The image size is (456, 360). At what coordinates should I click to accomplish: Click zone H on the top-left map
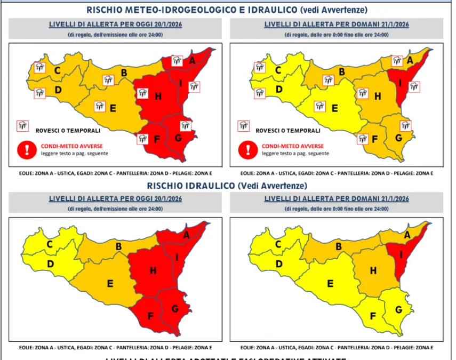tap(158, 97)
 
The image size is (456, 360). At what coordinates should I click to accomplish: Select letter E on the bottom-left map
tap(110, 283)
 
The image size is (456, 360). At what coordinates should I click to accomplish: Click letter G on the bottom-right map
tap(397, 309)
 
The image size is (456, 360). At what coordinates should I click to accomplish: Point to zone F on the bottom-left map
tap(150, 316)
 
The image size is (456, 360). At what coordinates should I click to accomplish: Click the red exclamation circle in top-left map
tap(25, 149)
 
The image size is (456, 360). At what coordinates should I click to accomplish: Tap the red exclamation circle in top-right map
tap(246, 149)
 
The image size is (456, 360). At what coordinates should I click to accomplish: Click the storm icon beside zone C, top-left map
tap(40, 68)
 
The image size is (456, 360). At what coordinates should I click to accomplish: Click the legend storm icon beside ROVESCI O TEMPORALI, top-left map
tap(22, 126)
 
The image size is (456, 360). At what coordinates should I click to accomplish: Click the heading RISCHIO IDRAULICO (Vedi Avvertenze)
tap(228, 186)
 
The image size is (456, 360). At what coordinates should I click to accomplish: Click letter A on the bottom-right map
tap(407, 235)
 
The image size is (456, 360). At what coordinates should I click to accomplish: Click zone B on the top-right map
tap(342, 72)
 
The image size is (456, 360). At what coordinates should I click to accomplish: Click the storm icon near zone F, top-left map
tap(143, 139)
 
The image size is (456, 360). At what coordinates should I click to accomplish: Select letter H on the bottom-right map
tap(374, 270)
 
